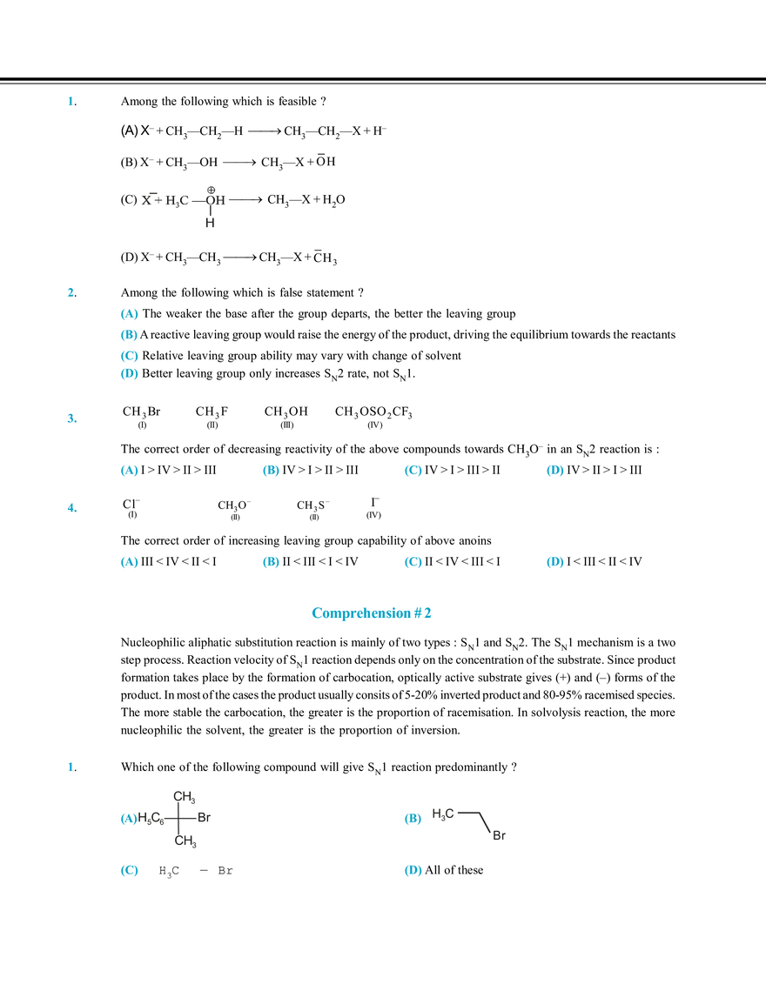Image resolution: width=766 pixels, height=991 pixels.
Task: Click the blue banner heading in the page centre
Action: [373, 614]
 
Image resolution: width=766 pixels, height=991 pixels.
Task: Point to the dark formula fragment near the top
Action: [184, 199]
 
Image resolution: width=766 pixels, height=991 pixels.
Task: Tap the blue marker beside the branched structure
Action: [128, 819]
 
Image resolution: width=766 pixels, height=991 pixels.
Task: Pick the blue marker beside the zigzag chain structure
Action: [410, 819]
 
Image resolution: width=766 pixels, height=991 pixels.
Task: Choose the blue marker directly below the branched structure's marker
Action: [129, 873]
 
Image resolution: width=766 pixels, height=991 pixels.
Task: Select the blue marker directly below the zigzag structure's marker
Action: [410, 873]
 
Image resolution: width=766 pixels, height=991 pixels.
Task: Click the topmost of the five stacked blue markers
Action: [129, 312]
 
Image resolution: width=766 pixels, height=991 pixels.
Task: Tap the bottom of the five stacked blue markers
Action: [129, 374]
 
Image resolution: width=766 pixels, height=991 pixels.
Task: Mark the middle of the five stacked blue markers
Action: [129, 344]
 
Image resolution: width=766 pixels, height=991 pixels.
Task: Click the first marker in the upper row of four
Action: [129, 472]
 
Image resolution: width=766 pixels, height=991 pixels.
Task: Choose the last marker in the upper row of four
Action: [554, 472]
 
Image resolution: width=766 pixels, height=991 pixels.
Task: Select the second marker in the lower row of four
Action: [271, 563]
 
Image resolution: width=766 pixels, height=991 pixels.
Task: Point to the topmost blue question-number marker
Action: [70, 103]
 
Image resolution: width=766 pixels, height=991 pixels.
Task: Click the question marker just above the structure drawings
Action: [70, 767]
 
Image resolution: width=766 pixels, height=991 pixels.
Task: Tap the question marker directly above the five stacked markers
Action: [70, 292]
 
